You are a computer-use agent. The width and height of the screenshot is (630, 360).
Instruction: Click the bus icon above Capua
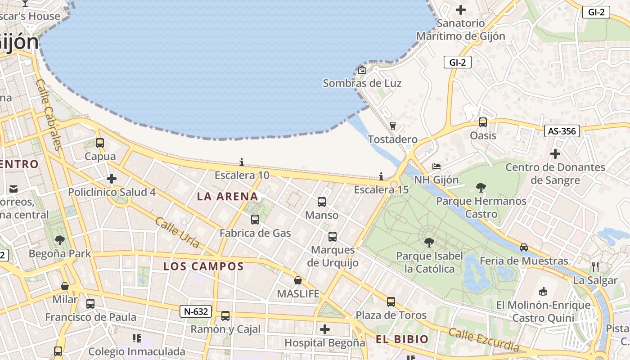100,143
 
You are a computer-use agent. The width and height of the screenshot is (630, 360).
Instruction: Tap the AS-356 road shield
562,131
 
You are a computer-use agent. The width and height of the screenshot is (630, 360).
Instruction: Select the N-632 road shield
196,311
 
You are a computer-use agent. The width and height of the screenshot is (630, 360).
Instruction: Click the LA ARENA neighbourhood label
228,196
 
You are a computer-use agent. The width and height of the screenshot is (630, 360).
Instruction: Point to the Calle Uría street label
177,232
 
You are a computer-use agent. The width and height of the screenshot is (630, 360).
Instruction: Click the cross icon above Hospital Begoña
325,329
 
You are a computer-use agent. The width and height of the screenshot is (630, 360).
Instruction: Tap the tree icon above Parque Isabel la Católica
429,243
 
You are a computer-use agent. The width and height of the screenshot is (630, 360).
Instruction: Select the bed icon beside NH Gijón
436,166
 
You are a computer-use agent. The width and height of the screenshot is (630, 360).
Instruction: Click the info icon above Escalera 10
242,162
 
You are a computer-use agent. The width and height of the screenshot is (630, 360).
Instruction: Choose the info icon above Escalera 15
381,176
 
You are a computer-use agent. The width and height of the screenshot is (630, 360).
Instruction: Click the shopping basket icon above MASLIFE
298,280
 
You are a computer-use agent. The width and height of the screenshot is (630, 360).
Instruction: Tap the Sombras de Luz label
362,83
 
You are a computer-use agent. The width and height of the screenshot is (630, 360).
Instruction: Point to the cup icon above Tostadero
392,126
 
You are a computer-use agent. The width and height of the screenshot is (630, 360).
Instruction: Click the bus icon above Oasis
483,122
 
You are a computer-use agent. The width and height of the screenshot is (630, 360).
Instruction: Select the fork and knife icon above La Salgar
595,266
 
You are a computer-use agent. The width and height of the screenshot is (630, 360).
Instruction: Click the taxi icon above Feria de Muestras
524,247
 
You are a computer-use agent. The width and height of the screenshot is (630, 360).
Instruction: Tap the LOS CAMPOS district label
203,266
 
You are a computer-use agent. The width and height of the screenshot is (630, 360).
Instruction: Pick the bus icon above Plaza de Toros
391,301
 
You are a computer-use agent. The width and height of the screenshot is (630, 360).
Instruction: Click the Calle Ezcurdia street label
484,340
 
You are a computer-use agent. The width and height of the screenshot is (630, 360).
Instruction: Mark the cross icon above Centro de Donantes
555,154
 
